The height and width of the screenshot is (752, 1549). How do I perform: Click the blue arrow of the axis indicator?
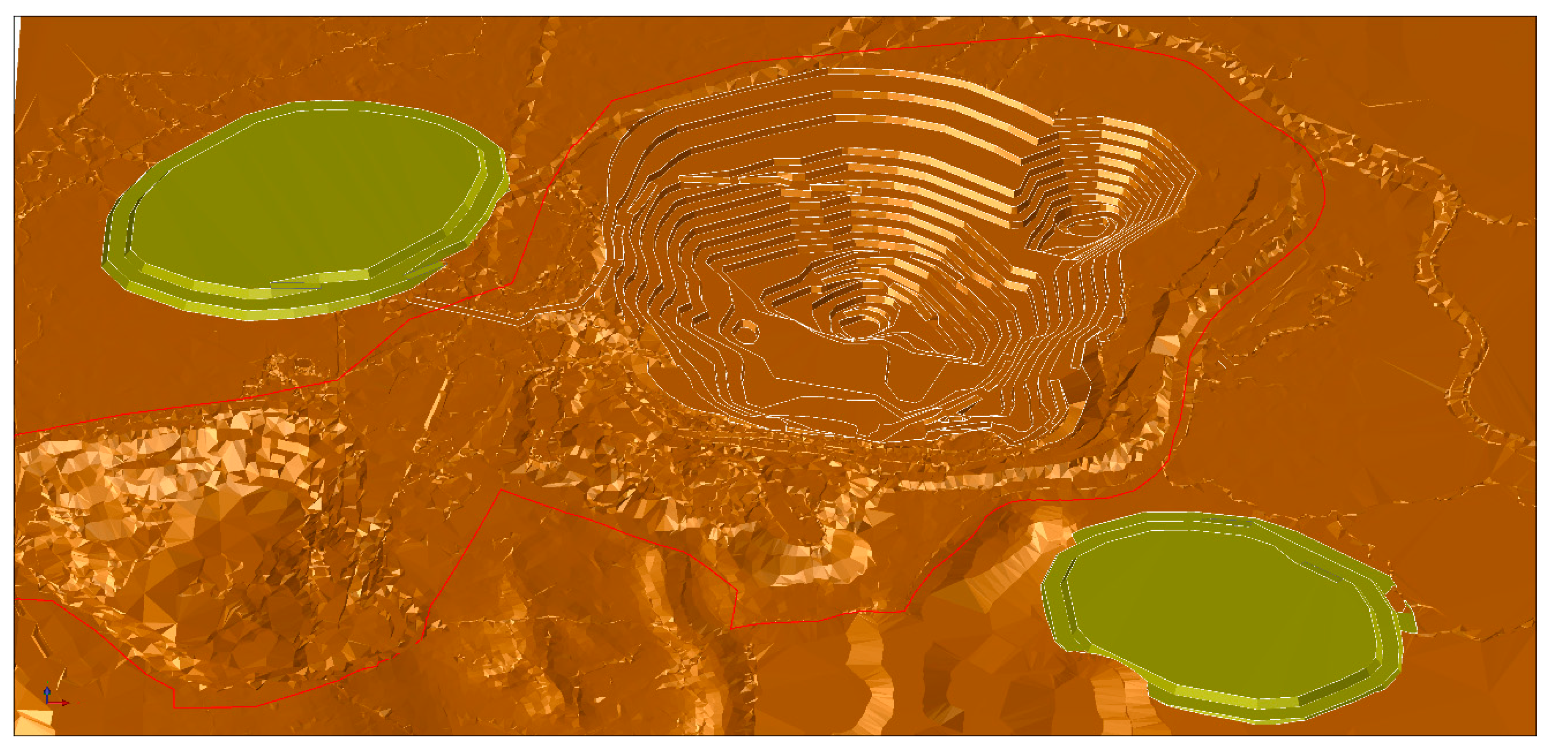coord(47,691)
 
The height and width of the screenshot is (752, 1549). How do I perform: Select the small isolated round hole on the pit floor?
coord(746,330)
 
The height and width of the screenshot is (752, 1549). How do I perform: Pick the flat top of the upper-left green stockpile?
coord(307,192)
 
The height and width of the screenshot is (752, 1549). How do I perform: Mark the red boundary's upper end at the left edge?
coord(17,433)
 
